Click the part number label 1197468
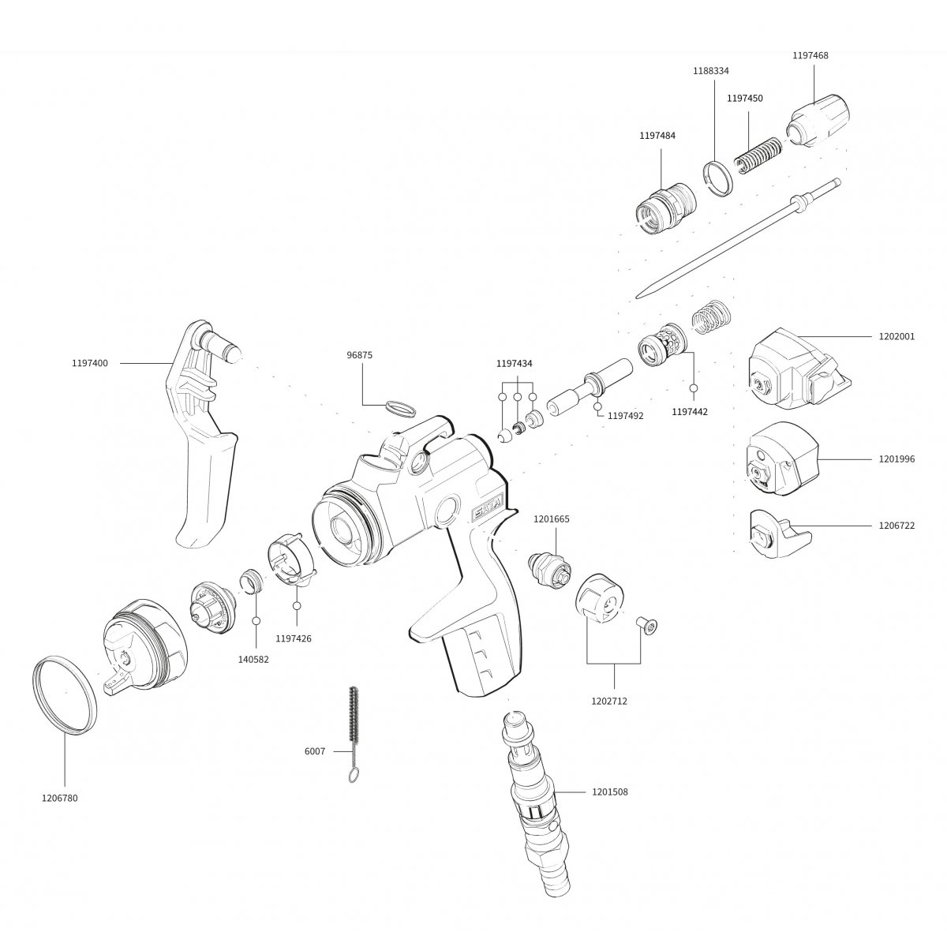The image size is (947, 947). (810, 55)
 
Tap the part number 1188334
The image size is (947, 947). (711, 70)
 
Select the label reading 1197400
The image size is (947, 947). (90, 363)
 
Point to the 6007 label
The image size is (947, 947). (314, 751)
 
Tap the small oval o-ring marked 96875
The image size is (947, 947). (400, 408)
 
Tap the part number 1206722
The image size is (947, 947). (897, 526)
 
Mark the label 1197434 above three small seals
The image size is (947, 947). (514, 363)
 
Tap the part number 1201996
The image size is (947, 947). (897, 459)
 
